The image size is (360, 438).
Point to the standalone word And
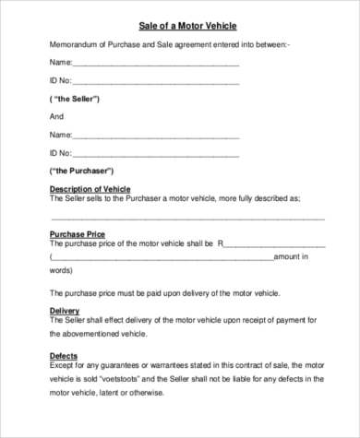click(x=55, y=117)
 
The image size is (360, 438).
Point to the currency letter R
click(x=221, y=245)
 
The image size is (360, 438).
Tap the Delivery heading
click(x=64, y=310)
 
